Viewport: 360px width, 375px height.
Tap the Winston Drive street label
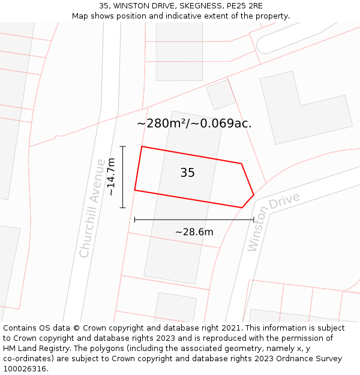274,221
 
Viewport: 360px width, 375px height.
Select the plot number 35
187,173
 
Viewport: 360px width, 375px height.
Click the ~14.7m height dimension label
111,177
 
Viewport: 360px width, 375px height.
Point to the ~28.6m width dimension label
194,232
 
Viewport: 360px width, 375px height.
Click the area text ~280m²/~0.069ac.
194,124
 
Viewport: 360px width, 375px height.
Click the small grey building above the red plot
221,94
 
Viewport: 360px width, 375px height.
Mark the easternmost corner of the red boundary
254,195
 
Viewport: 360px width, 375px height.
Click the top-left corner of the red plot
142,146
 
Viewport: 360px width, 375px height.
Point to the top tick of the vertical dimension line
123,146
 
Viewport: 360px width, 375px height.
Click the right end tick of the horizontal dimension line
254,220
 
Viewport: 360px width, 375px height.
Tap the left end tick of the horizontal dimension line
135,220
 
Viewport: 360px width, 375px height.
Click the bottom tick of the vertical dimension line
123,208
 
